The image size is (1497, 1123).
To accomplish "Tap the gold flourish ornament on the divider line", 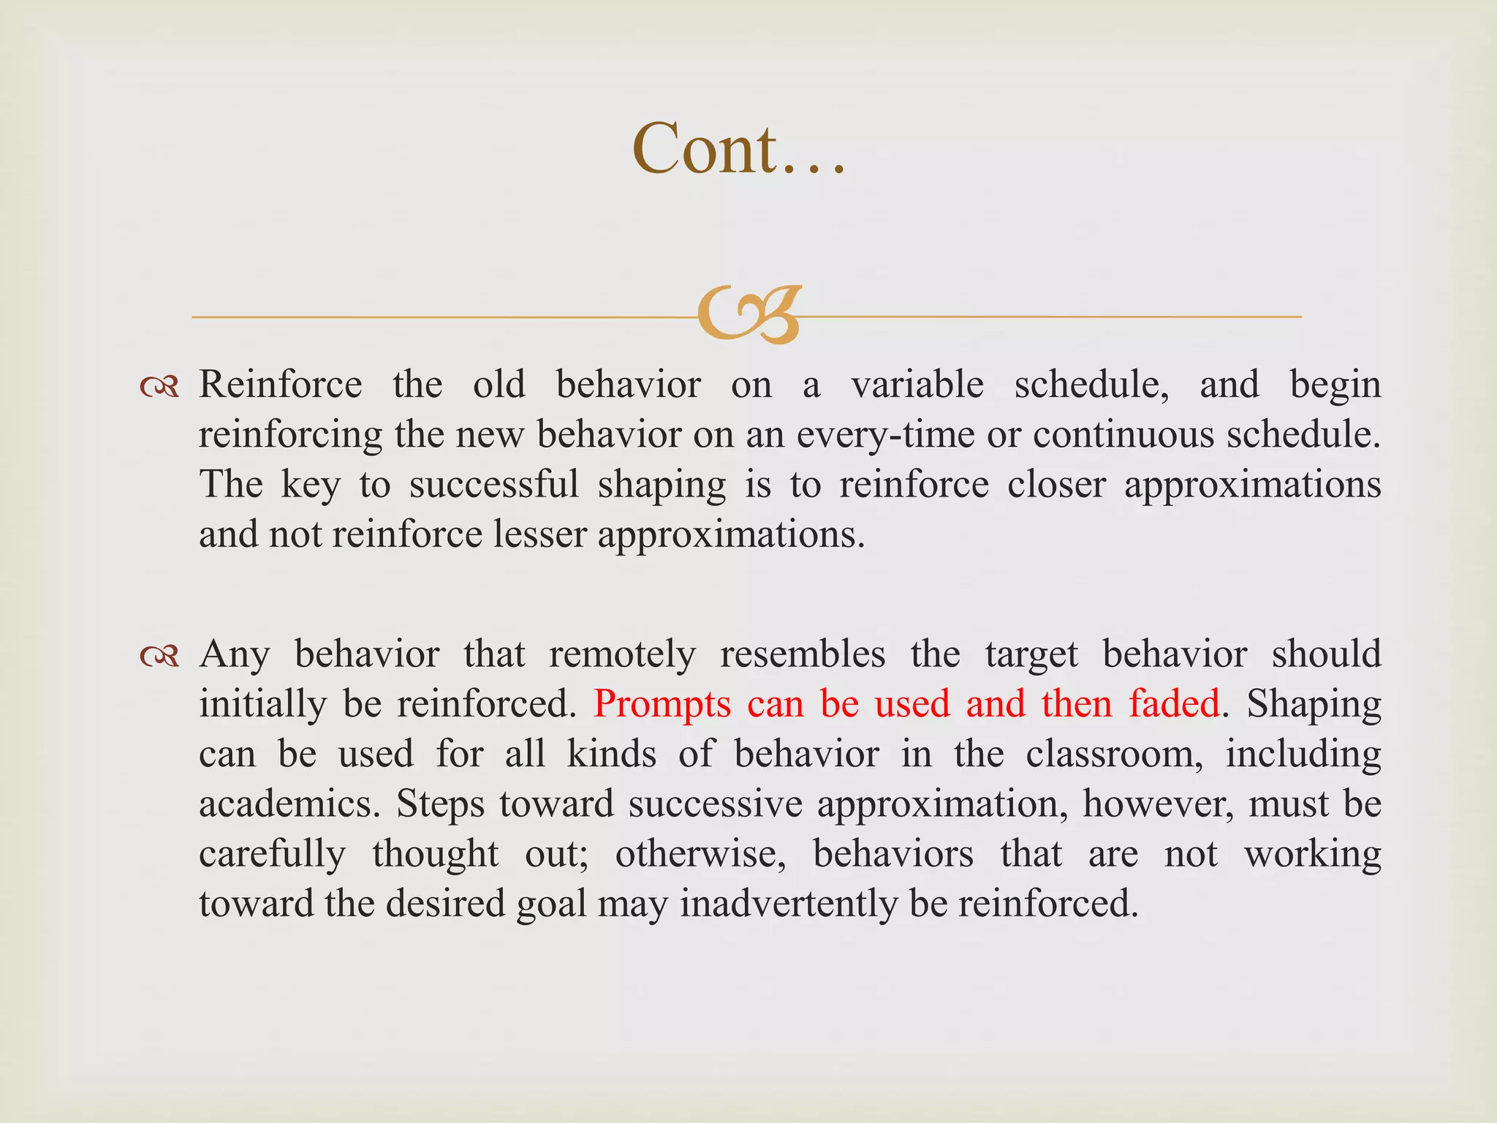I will click(749, 315).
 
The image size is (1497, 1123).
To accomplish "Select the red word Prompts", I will click(662, 704).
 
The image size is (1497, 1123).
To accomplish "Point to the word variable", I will click(917, 385).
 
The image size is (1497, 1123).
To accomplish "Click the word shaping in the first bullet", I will click(662, 485).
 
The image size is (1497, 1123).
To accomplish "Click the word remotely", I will click(622, 654).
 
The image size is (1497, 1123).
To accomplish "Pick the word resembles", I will click(803, 654).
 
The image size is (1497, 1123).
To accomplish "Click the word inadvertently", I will click(789, 904).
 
